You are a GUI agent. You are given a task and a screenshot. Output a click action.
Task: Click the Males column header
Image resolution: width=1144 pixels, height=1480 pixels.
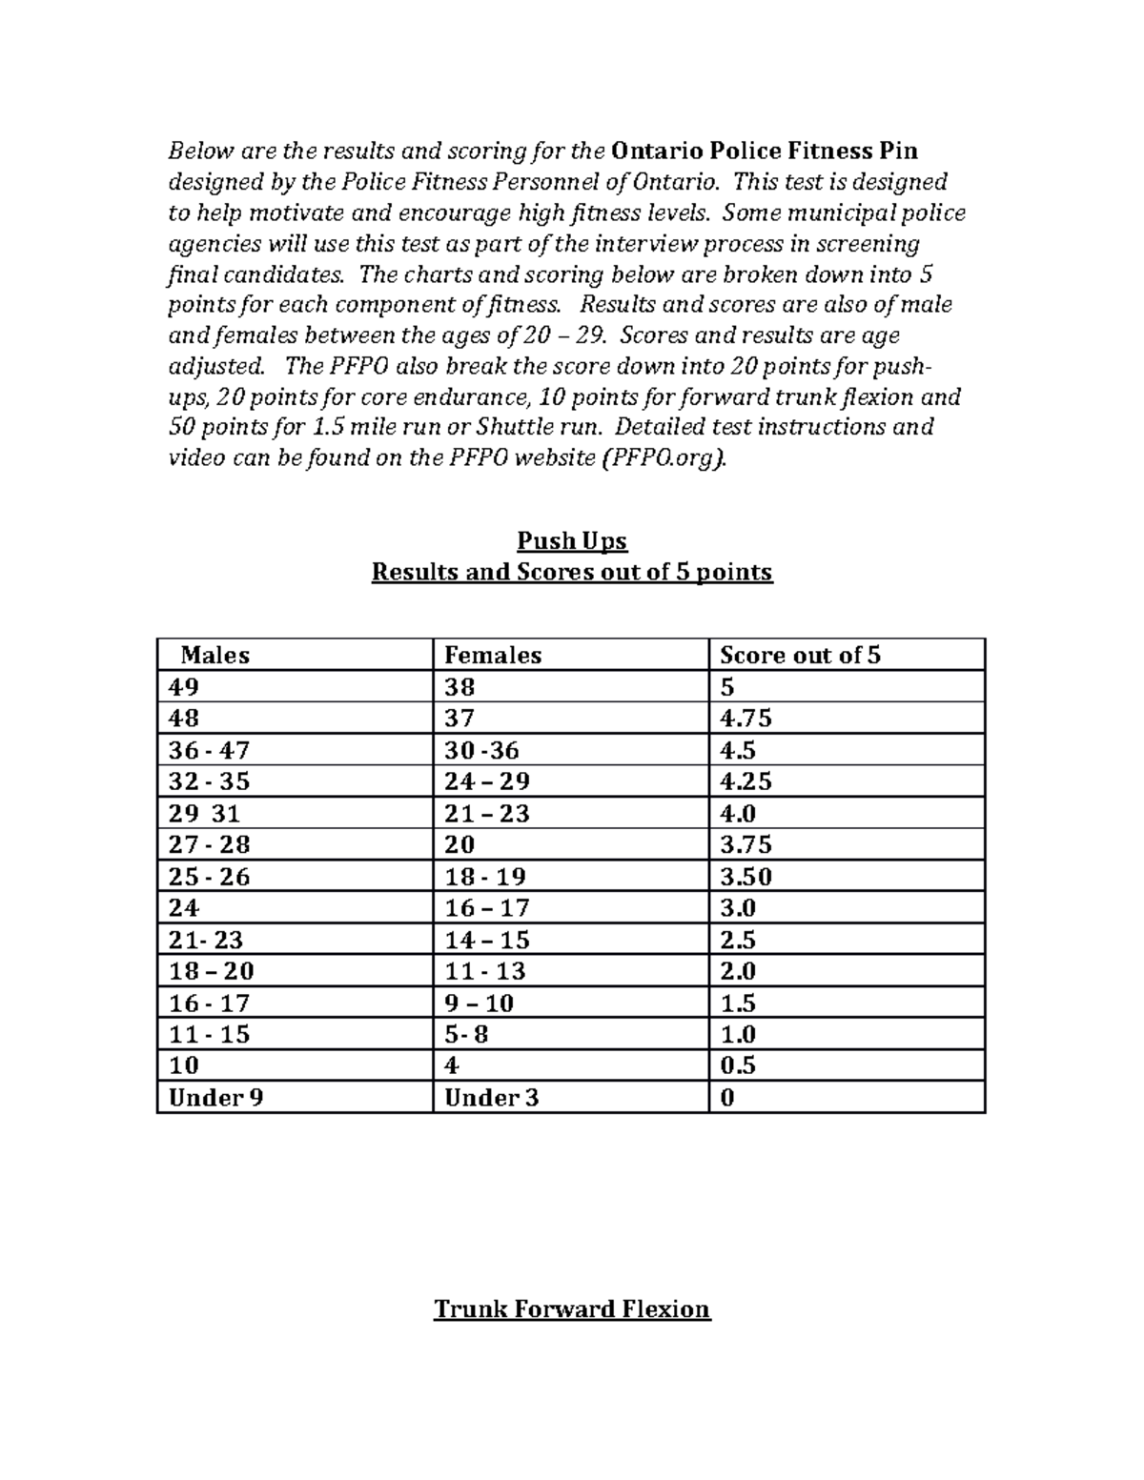[x=215, y=655]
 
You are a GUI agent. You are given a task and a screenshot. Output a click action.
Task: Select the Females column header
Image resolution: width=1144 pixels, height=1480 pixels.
[x=493, y=655]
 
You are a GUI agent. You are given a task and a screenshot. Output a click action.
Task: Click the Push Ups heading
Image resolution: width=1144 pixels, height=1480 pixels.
[x=572, y=541]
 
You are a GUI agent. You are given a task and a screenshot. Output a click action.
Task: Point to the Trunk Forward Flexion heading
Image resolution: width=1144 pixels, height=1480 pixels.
[x=572, y=1308]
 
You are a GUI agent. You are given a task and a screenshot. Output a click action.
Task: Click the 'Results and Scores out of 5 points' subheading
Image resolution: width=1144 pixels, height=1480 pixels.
[x=572, y=572]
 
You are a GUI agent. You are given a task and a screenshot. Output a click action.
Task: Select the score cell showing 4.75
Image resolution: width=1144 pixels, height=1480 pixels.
[x=746, y=718]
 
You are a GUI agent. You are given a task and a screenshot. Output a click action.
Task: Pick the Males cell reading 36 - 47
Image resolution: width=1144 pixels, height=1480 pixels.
[x=209, y=750]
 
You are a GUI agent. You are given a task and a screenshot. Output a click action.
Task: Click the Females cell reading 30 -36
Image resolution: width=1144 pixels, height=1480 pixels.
[x=482, y=750]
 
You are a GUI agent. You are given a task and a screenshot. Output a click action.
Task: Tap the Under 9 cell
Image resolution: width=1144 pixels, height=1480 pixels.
[x=215, y=1097]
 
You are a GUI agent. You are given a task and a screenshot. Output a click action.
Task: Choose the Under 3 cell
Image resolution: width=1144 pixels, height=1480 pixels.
[x=492, y=1097]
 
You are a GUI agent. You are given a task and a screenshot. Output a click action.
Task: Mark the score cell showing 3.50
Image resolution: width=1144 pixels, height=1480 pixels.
[x=746, y=876]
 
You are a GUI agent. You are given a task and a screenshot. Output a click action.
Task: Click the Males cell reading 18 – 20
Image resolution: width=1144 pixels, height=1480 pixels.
[x=211, y=971]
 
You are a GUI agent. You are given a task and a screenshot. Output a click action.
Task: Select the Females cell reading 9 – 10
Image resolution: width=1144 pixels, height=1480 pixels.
[x=480, y=1003]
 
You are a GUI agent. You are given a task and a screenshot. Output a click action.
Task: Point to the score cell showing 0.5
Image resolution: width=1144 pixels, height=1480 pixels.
[x=738, y=1064]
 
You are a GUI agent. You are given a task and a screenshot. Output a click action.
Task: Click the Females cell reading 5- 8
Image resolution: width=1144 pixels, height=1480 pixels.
[x=467, y=1034]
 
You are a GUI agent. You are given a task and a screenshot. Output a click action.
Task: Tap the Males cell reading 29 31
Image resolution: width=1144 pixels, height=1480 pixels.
[x=204, y=813]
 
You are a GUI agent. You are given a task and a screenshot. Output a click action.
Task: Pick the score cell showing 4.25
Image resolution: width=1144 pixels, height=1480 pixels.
[x=746, y=781]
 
